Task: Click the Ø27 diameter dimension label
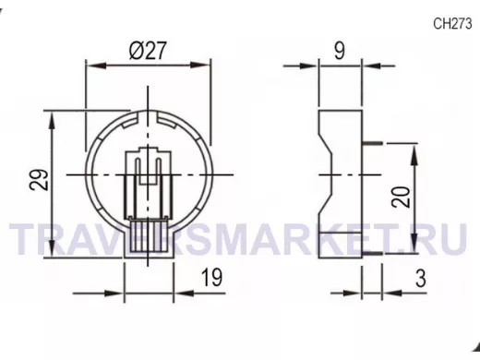pos(148,51)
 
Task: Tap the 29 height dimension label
pos(40,180)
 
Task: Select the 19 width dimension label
pos(211,277)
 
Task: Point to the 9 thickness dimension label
pos(340,51)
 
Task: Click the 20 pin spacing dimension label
pos(402,197)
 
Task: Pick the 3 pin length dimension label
pos(421,279)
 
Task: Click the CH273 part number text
pos(452,24)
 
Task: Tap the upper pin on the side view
pos(373,143)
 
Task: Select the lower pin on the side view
pos(373,254)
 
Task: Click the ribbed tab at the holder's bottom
pos(149,234)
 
